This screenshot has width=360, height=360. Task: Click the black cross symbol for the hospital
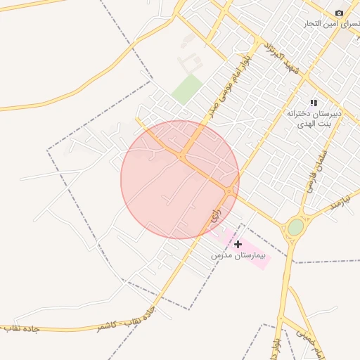(x=238, y=244)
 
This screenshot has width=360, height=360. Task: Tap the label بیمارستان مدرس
(x=240, y=257)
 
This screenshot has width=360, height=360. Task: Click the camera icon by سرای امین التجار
(x=340, y=13)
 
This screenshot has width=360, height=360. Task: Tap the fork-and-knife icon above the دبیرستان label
(x=314, y=103)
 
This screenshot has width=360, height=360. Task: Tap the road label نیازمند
(x=340, y=204)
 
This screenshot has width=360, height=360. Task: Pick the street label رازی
(x=215, y=215)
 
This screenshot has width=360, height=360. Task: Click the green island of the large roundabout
(x=296, y=227)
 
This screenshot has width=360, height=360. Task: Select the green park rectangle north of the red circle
(x=187, y=89)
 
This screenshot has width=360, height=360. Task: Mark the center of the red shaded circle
(x=180, y=180)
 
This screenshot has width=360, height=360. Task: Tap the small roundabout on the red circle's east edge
(x=229, y=191)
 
